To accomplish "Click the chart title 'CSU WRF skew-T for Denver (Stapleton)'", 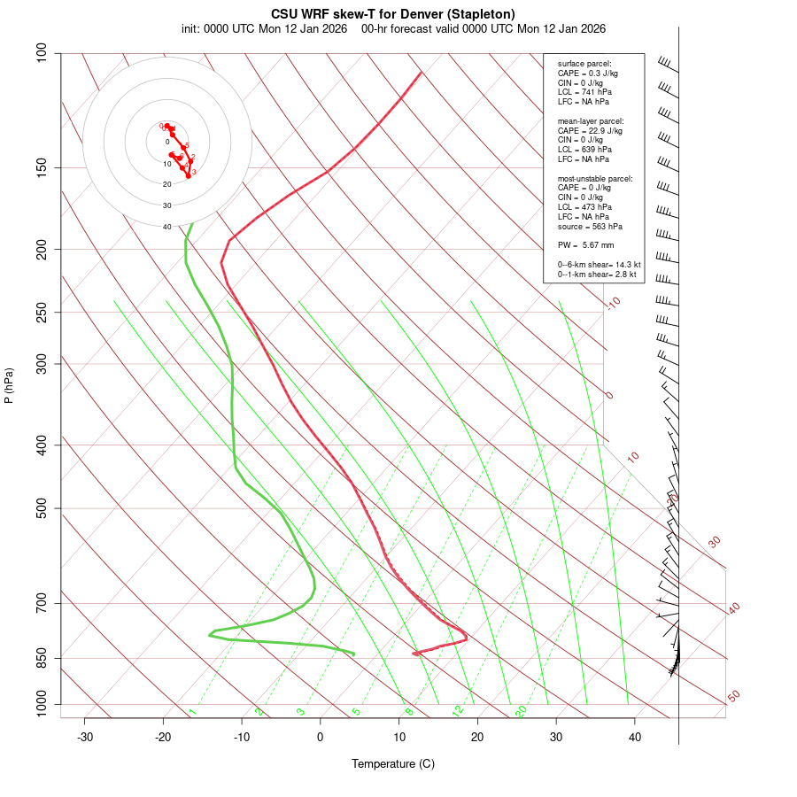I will (392, 13).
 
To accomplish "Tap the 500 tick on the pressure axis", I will (42, 508).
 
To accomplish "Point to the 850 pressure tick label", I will (42, 658).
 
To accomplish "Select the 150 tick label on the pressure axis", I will (42, 167).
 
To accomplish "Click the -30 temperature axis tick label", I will (85, 737).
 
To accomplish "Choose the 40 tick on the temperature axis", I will (635, 737).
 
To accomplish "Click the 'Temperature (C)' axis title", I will (392, 763).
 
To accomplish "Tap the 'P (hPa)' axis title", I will (9, 386).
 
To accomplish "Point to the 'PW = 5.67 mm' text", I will (585, 245).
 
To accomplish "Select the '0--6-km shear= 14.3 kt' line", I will (599, 265).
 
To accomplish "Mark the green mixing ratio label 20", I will (522, 711).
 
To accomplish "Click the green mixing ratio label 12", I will (458, 711).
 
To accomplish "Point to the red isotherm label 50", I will (733, 697).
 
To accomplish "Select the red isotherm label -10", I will (613, 303).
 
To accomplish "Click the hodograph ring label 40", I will (166, 227).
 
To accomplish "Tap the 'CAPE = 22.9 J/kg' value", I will (590, 130).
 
